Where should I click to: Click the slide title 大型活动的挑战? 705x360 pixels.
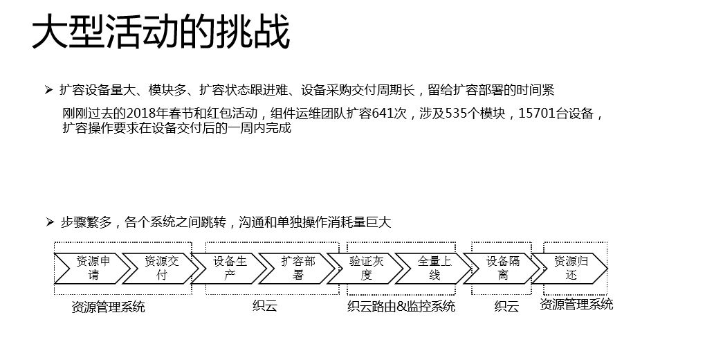[x=161, y=34]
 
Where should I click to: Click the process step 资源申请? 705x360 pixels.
[x=92, y=268]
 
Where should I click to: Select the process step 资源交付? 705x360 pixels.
[x=161, y=268]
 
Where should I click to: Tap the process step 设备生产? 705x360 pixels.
[x=229, y=268]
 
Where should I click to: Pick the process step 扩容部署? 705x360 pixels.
[x=297, y=268]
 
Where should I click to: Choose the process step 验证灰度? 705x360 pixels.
[x=366, y=268]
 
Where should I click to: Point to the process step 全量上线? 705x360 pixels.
[x=434, y=268]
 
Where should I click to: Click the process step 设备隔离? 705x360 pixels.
[x=503, y=268]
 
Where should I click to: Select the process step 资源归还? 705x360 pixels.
[x=571, y=268]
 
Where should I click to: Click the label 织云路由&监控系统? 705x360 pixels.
[x=401, y=306]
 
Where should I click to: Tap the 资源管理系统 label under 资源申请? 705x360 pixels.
[x=109, y=307]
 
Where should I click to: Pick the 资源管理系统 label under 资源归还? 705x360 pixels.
[x=576, y=304]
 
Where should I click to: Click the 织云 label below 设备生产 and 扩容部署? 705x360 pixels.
[x=265, y=305]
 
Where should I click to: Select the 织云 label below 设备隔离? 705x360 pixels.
[x=506, y=307]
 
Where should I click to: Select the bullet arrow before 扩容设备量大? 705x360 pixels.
[x=49, y=90]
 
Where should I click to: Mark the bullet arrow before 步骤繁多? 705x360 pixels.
[x=49, y=222]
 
